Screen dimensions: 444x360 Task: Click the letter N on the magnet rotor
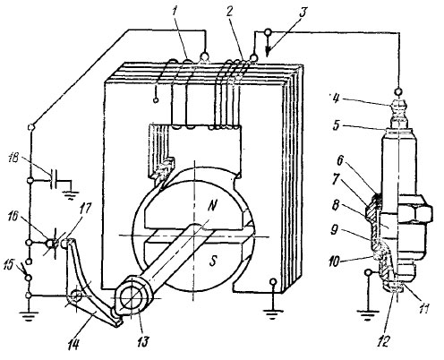212,206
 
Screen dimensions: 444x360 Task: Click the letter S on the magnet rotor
212,261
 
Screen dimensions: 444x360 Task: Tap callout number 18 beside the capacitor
14,158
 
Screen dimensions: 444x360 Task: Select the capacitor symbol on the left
54,179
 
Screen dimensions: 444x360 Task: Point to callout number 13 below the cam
142,341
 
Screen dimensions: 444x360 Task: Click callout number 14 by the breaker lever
73,344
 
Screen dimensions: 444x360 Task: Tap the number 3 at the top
303,13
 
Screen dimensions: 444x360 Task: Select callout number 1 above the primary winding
175,12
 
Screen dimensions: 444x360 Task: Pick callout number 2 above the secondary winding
229,13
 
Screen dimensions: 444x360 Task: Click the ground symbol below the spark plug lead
369,315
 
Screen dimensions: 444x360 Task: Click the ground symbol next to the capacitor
71,195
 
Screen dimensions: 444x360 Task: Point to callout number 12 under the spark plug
383,341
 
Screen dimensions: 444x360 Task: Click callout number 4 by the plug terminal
336,99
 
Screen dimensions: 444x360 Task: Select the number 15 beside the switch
11,264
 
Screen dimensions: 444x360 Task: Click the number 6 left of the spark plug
340,160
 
